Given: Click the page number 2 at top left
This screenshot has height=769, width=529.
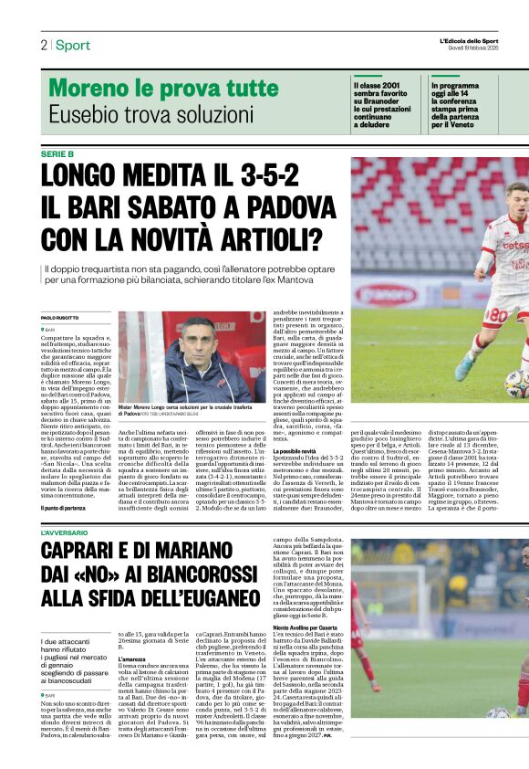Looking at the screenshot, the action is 44,45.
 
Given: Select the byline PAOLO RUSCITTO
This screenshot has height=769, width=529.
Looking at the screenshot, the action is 61,317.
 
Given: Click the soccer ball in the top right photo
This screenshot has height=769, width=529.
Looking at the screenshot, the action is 517,383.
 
